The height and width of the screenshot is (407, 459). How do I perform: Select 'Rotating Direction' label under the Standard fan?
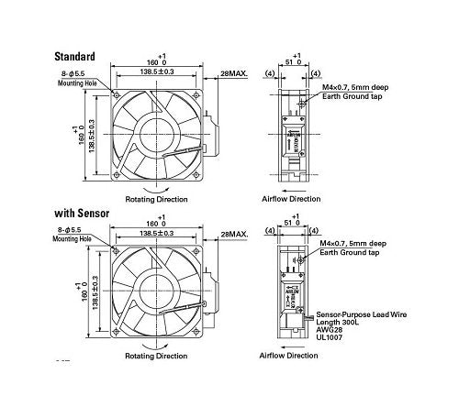[157, 199]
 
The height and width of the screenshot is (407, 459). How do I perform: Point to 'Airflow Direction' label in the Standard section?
[291, 199]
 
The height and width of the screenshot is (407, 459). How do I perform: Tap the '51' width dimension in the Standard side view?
[293, 64]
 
